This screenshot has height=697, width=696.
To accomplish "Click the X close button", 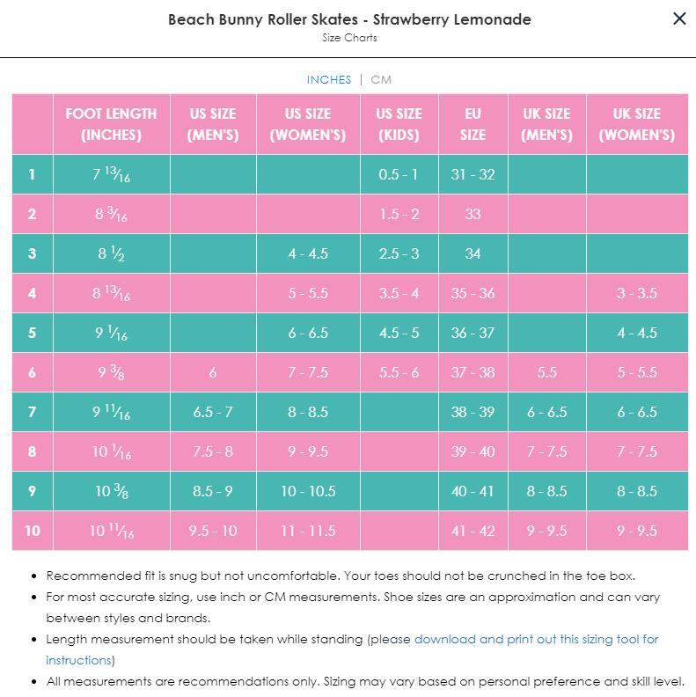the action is point(679,18).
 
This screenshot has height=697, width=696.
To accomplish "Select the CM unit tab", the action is point(381,79).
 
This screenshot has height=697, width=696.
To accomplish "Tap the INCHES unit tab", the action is point(329,79).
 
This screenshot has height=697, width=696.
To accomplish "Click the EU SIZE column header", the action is point(473,124).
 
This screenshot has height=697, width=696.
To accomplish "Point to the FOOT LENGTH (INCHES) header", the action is point(111,124).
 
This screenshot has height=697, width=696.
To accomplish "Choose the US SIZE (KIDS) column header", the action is point(399,124).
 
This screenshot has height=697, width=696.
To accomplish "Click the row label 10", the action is point(33,531).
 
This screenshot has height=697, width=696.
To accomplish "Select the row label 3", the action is point(32,253).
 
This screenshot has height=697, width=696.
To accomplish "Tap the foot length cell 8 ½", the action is point(111,253).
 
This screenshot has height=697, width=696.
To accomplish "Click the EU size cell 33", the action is point(473,214).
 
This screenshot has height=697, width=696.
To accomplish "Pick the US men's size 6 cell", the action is point(213,372).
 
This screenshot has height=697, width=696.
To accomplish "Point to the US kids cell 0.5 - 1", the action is point(399,174).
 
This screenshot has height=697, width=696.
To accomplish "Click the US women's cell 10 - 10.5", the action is point(308,491).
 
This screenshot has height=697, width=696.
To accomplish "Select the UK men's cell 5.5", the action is point(546,372).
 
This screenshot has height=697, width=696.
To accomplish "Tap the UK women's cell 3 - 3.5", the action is point(637,293).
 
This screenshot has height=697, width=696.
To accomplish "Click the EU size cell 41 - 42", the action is point(473,531).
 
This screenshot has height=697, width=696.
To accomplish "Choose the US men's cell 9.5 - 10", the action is point(213,531).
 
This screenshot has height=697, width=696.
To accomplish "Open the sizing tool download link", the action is point(352,649).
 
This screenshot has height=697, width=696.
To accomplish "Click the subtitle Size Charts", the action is point(349,38).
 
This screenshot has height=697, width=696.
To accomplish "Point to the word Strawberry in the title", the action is point(410,19).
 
